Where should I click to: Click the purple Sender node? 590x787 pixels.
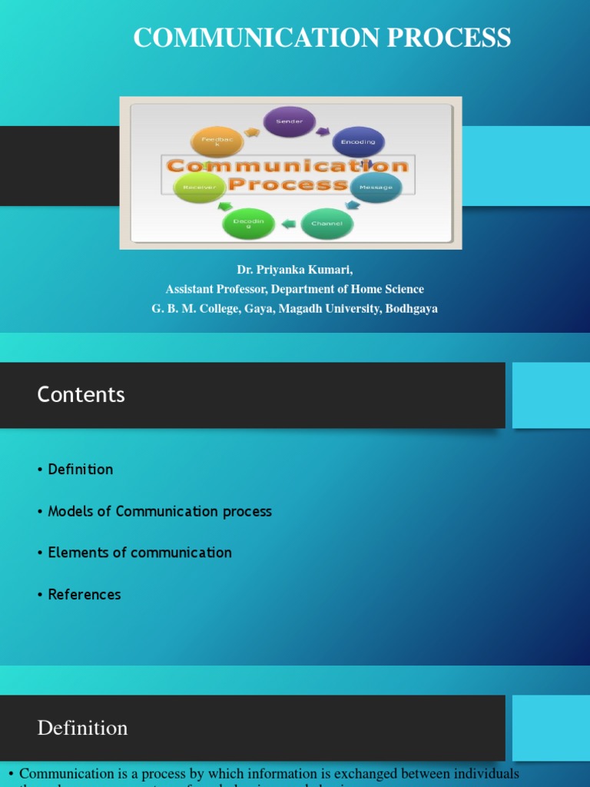coord(290,121)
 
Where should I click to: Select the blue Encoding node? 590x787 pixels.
coord(358,142)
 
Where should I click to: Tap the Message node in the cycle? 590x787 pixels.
coord(376,187)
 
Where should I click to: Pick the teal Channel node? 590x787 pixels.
coord(327,224)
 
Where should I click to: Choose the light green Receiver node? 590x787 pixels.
coord(199,187)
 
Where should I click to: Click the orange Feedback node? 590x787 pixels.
coord(216,142)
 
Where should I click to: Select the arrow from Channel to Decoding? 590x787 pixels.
coord(288,224)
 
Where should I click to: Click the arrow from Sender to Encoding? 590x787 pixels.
coord(324,130)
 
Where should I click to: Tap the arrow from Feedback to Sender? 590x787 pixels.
coord(251,132)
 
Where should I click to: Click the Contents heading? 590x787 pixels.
coord(81,394)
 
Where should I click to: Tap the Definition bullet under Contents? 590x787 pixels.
coord(80,469)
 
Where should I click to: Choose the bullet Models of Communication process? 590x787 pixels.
coord(160,511)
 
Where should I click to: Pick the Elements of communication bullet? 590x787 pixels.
coord(139,553)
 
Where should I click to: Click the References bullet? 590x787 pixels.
coord(85,594)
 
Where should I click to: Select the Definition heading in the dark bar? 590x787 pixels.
coord(82,728)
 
